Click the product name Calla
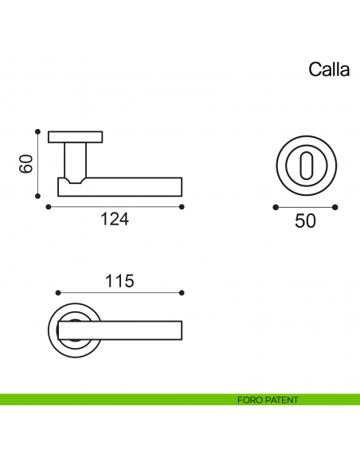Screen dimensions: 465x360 [329, 70]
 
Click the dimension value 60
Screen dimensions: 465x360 [25, 164]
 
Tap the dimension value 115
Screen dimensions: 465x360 [119, 280]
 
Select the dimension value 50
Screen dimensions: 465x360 [305, 221]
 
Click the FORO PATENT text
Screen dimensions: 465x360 [268, 400]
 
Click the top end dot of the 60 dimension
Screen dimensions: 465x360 [37, 132]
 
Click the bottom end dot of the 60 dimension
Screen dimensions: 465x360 [37, 196]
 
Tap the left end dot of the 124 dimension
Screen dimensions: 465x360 [49, 207]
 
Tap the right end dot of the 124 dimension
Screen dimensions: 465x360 [182, 207]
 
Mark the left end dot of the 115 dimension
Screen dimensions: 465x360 [59, 292]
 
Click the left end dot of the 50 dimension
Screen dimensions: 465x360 [276, 207]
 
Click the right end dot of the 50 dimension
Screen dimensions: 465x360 [336, 207]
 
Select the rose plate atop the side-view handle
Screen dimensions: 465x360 [75, 136]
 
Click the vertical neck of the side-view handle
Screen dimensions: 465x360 [75, 159]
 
